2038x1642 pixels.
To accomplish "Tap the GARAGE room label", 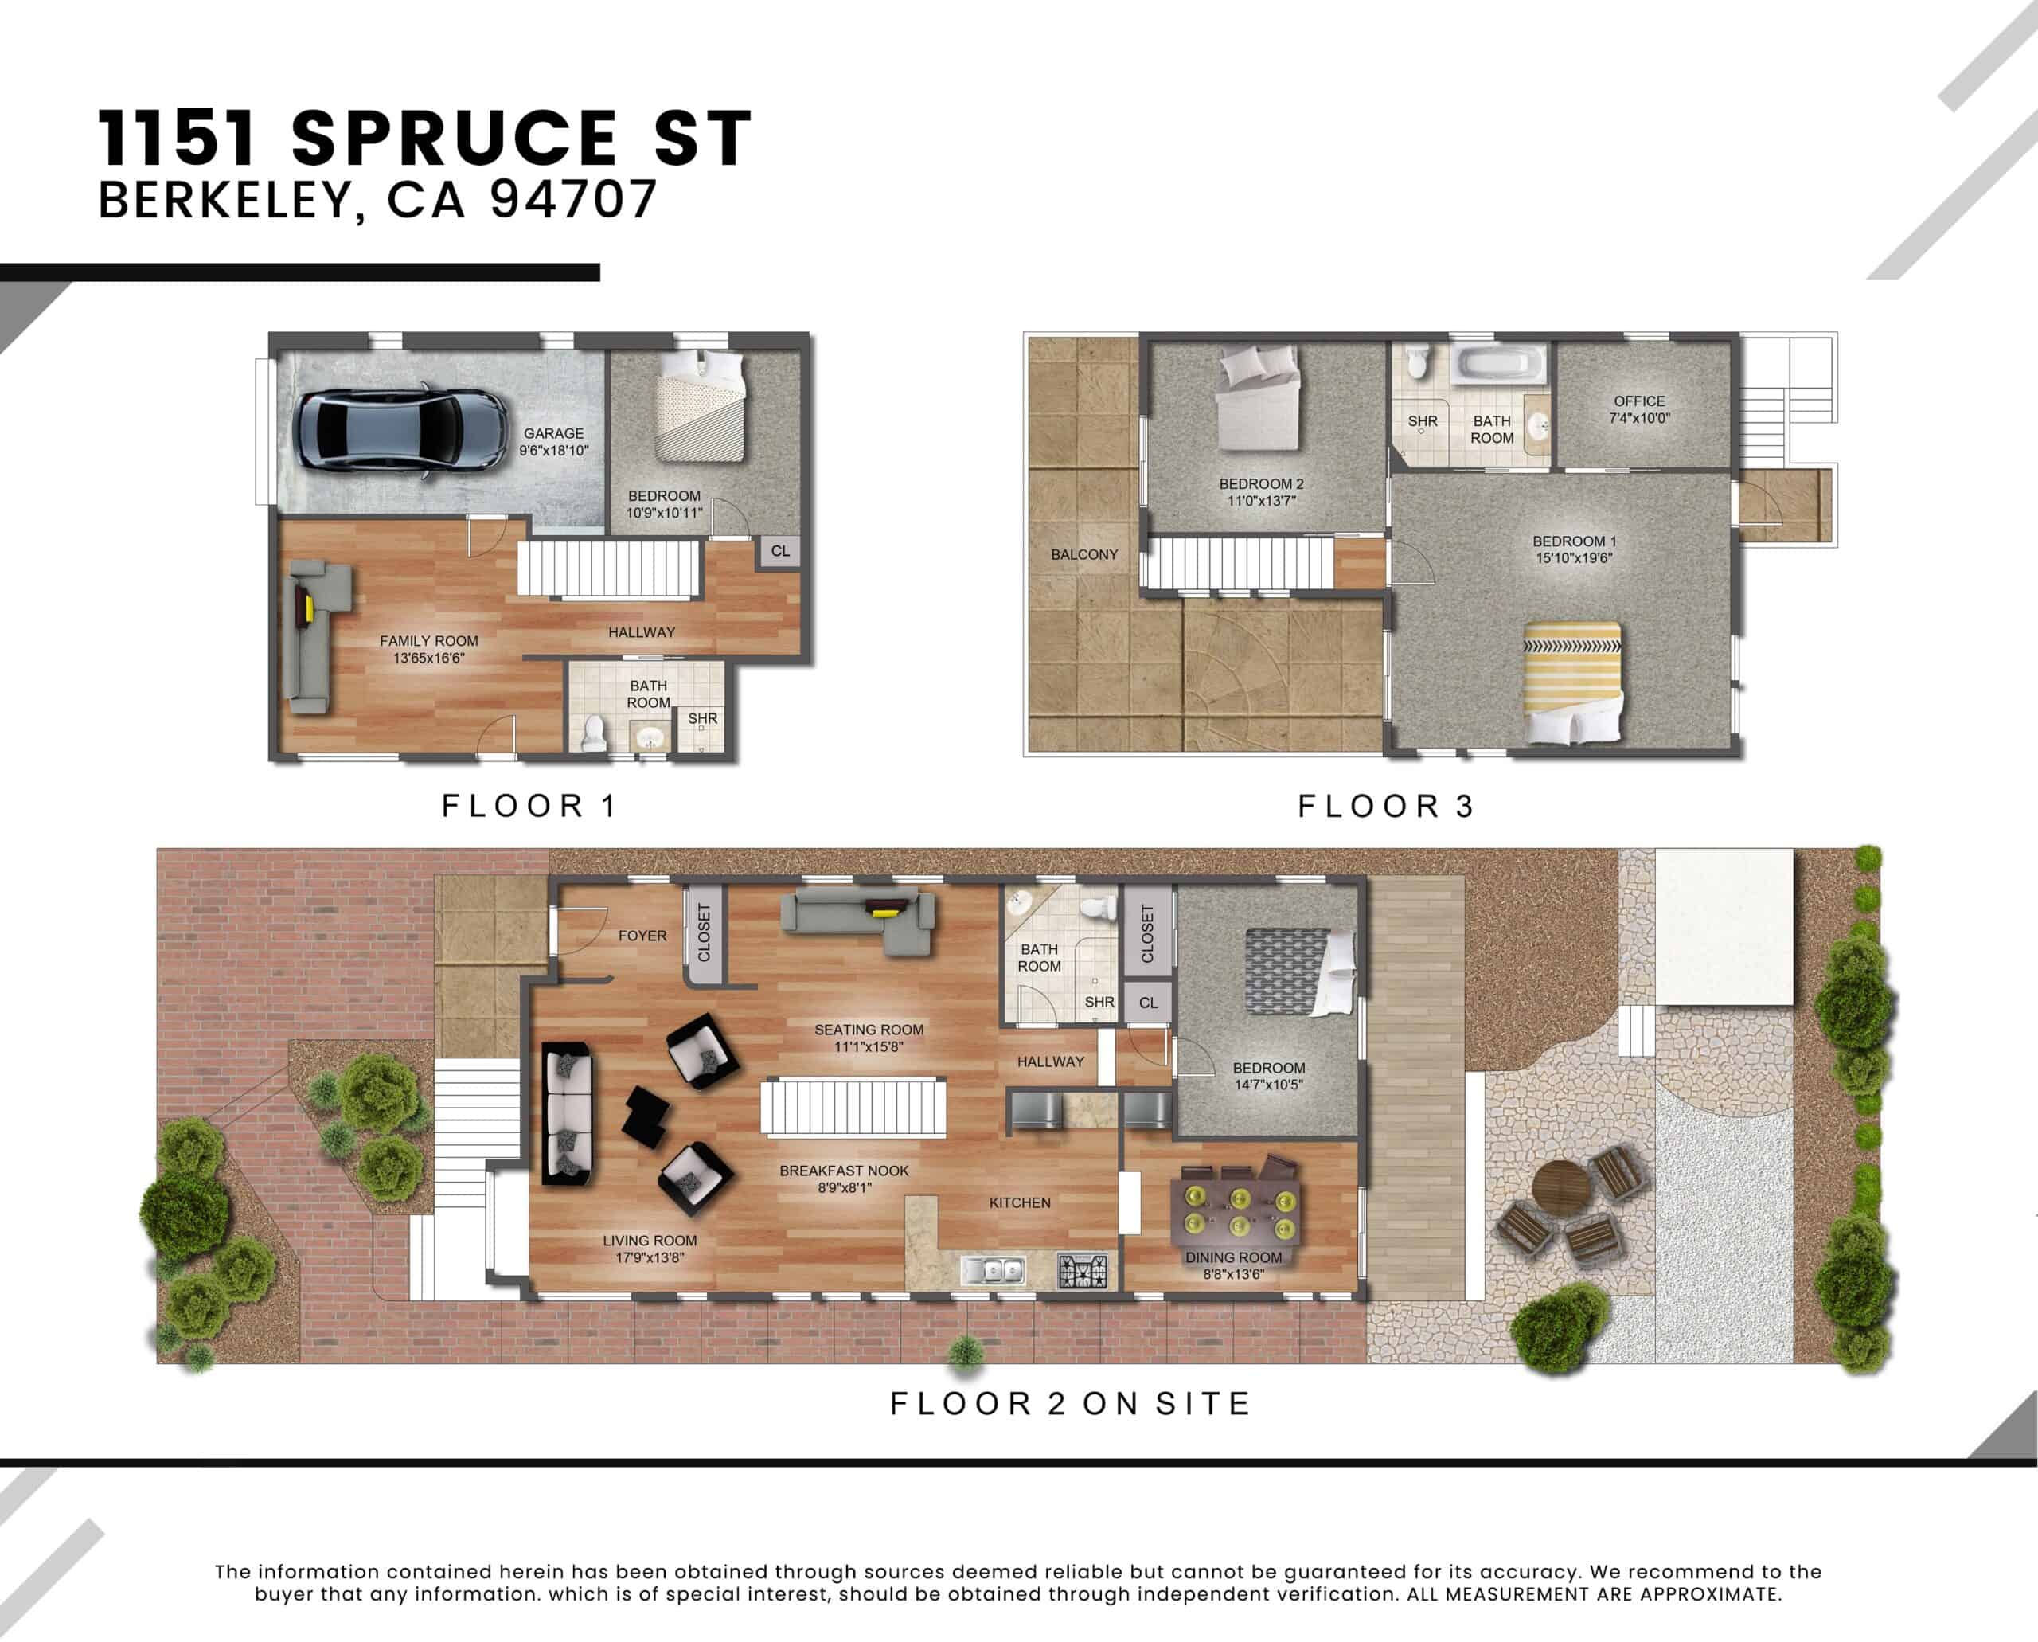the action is point(554,433).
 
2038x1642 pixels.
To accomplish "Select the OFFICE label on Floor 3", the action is point(1639,401).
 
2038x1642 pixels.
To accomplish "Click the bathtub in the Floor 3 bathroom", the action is point(1499,364).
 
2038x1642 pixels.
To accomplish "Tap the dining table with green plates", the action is point(1236,1212).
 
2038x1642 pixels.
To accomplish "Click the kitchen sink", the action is point(992,1270).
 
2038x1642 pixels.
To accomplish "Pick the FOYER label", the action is point(642,936).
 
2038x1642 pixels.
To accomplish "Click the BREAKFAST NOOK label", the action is point(844,1170).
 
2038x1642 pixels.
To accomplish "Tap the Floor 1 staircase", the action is point(608,568).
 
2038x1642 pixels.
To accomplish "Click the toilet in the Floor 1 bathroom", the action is point(593,734).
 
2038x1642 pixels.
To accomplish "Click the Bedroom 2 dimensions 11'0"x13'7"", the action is point(1261,500).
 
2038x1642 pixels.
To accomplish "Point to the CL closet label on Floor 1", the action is point(780,550).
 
